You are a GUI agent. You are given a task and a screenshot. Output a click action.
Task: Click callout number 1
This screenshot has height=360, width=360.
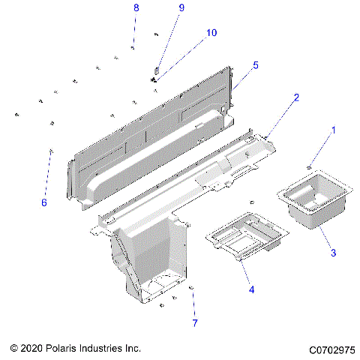(334, 130)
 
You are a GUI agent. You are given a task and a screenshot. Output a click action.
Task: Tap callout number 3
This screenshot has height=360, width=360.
(334, 253)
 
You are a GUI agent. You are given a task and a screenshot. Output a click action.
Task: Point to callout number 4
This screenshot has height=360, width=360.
(251, 290)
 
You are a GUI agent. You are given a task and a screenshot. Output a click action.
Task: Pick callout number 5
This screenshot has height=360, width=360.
(255, 65)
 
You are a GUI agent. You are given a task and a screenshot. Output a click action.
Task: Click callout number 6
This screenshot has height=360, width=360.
(43, 202)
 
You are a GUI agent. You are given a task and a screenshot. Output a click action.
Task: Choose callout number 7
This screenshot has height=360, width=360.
(195, 323)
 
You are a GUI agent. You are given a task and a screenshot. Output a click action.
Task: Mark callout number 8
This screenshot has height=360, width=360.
(136, 7)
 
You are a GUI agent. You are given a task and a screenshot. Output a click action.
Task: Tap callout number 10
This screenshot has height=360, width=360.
(211, 33)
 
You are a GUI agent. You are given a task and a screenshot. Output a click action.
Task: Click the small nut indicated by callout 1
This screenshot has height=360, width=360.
(309, 166)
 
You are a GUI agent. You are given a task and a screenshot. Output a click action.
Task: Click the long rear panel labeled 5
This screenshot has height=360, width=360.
(150, 127)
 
